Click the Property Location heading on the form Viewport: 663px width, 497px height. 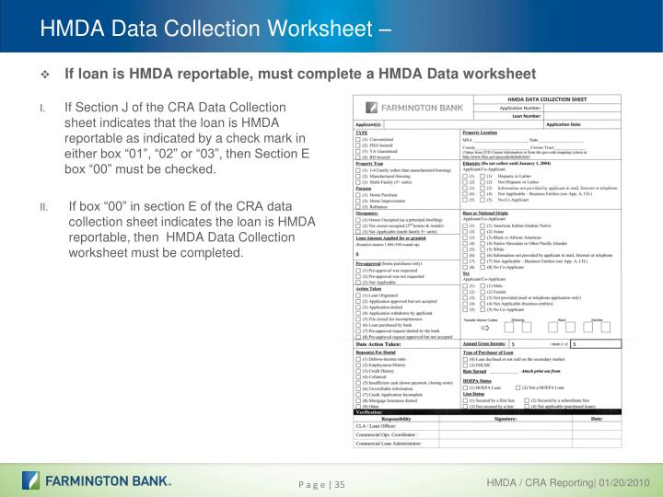[x=486, y=133]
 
